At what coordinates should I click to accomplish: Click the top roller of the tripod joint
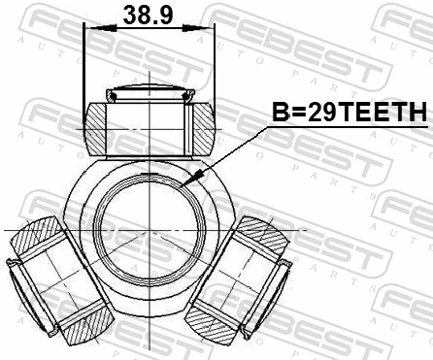[149, 125]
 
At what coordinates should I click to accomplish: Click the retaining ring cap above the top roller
[149, 94]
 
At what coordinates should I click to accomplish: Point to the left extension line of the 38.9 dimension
[85, 68]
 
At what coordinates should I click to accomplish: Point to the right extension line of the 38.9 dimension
[212, 68]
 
